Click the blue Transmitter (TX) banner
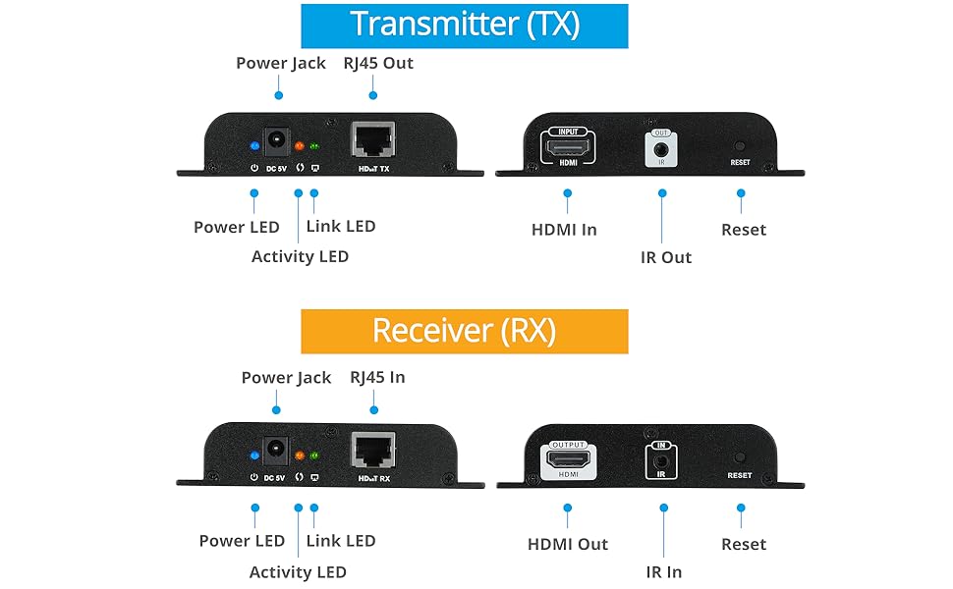click(464, 26)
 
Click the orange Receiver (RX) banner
click(464, 331)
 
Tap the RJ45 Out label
click(377, 63)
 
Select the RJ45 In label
click(377, 377)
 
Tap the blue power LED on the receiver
click(254, 456)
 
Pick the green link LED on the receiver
click(314, 456)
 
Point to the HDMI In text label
click(564, 230)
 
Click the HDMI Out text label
click(568, 544)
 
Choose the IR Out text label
click(666, 257)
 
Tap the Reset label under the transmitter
click(743, 230)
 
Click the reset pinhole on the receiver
click(739, 456)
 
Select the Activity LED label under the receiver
click(298, 571)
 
